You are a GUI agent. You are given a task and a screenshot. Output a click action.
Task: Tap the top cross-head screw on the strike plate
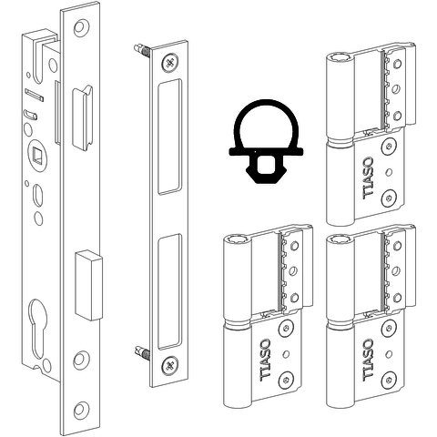click(170, 63)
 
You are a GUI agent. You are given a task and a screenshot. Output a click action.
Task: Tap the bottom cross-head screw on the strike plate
click(170, 365)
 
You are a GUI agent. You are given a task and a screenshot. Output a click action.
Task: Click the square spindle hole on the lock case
click(37, 154)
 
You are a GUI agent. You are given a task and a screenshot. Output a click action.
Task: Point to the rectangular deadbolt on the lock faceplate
click(88, 285)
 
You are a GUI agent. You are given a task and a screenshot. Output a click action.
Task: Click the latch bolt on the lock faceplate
click(83, 117)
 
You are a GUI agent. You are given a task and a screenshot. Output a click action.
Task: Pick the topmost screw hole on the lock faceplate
click(80, 28)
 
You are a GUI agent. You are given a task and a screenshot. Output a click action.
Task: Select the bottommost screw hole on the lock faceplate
click(80, 410)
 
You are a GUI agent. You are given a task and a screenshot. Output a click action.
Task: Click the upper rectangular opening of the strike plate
click(169, 137)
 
